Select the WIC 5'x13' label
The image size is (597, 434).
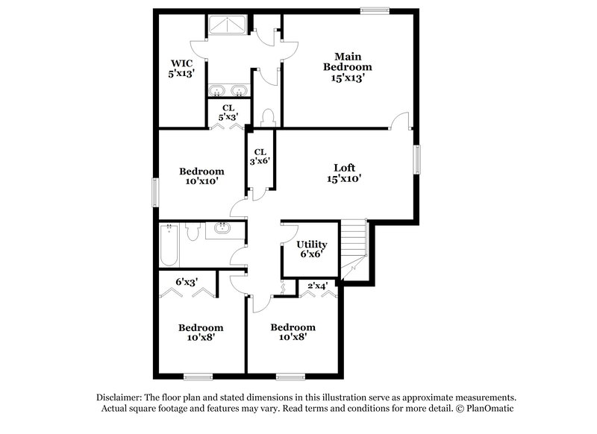(x=182, y=69)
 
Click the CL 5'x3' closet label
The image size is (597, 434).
(x=228, y=113)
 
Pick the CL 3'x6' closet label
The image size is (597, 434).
(x=261, y=157)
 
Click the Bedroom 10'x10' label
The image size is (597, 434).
(x=201, y=176)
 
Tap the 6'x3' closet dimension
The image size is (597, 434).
(x=185, y=282)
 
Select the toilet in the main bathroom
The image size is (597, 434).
(x=269, y=117)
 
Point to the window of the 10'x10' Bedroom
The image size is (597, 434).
(x=154, y=192)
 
